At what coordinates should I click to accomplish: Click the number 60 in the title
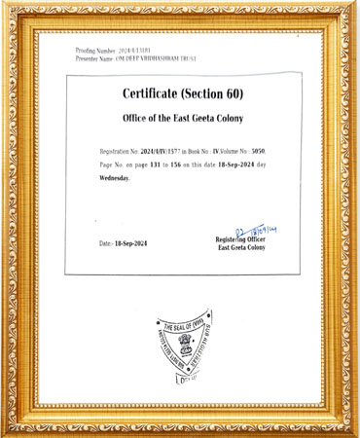point(231,94)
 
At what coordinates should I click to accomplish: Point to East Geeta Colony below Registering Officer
point(241,248)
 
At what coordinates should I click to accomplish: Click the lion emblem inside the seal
point(182,346)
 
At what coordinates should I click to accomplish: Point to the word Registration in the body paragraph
point(118,153)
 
